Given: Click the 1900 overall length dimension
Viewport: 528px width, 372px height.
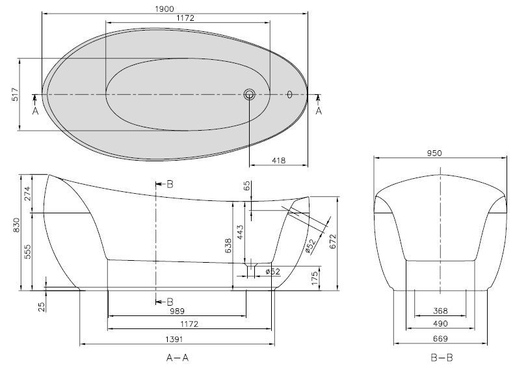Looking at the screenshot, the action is coord(165,9).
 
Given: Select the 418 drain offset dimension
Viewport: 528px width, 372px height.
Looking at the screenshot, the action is coord(278,161).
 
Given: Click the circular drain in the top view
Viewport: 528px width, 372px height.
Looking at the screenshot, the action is coord(250,94).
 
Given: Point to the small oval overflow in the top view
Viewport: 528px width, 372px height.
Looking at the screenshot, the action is coord(289,94).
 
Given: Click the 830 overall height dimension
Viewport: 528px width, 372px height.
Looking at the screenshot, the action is coord(16,225).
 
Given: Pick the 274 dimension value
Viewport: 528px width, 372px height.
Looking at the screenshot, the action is coord(27,194).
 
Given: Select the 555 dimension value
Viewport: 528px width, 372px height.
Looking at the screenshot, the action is coord(27,252).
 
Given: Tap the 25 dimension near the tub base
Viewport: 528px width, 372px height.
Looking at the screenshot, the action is coord(42,307).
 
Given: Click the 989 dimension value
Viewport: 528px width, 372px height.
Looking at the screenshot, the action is coord(177,312).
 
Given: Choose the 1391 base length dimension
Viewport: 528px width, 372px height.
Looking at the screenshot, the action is coord(174,339).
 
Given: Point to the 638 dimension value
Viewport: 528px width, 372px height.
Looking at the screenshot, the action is coord(228,246).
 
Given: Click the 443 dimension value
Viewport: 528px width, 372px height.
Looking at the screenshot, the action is coord(241,232).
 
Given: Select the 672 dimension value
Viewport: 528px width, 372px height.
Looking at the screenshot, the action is coord(333,241).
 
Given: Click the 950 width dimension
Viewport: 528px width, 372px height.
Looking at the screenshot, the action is coord(434,153).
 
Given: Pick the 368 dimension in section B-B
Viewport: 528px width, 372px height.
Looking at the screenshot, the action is coord(440,311).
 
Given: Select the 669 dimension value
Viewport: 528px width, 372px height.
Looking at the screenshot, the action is coord(440,339).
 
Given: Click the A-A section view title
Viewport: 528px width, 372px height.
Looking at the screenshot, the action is coord(178,358).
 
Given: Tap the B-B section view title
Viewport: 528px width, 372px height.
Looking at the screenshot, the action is coord(442,358).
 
